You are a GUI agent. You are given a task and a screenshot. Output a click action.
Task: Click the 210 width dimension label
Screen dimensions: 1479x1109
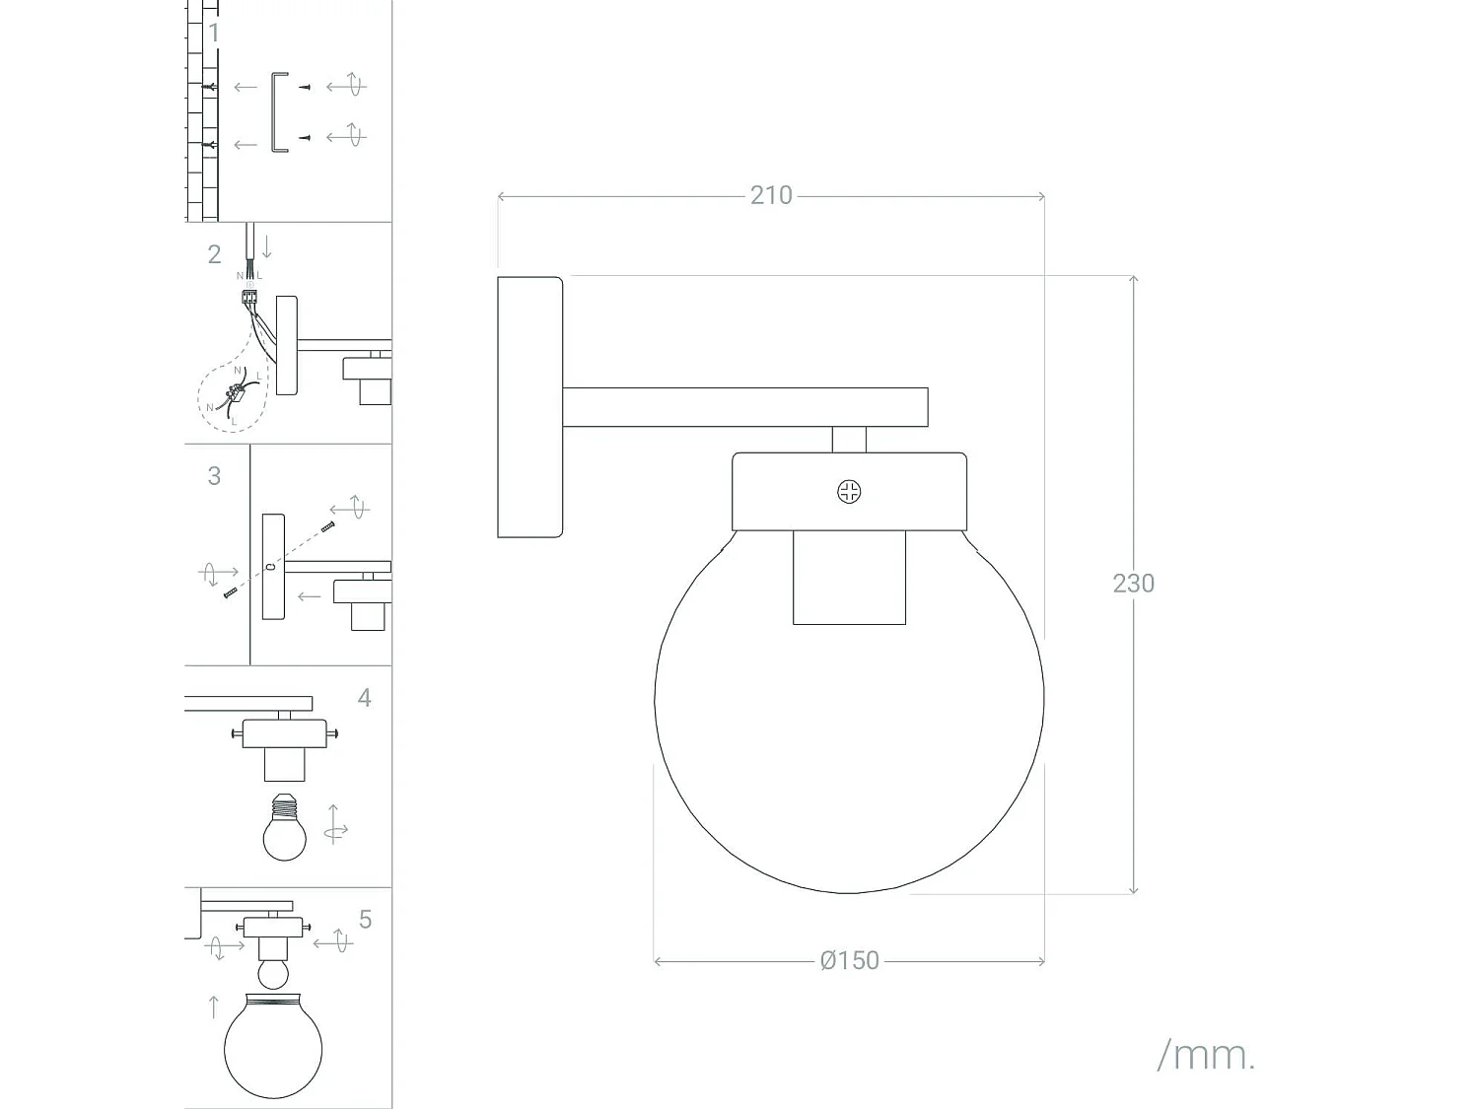point(771,195)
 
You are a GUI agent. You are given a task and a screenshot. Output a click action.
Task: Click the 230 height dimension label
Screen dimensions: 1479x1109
point(1133,584)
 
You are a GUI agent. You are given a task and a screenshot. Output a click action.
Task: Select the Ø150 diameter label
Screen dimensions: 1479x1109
point(850,960)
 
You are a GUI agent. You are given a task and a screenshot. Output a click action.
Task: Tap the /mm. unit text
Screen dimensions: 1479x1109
point(1206,1056)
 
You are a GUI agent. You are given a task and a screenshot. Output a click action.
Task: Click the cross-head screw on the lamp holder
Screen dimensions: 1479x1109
point(849,492)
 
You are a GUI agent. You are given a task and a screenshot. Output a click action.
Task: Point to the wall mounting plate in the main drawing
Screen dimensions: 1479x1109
point(529,407)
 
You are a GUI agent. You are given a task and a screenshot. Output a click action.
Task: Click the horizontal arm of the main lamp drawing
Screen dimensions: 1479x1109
point(745,407)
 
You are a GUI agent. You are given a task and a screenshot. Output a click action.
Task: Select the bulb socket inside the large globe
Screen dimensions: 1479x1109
point(849,577)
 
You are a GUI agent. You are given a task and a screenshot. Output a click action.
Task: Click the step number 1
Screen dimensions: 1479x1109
point(214,33)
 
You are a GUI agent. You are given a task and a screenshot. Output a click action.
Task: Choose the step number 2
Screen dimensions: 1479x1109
point(214,254)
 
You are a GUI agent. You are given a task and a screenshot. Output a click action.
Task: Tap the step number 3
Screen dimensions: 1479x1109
point(214,476)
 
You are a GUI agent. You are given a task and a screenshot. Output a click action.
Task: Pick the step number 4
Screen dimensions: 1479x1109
point(365,698)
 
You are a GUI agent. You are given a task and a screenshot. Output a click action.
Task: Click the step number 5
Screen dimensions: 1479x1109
point(365,919)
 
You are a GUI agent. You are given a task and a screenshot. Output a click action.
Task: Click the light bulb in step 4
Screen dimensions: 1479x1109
point(284,827)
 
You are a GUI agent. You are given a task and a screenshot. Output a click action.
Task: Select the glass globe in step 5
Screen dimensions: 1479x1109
point(273,1046)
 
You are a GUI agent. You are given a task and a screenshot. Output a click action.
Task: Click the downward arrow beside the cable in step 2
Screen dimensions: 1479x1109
point(267,245)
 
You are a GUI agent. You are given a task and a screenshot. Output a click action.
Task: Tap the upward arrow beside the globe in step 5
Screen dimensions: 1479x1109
point(214,1006)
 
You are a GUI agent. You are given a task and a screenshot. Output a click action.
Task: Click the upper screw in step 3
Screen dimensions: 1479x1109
point(328,526)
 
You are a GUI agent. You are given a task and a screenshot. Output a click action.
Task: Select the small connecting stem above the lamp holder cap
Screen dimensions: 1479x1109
point(849,440)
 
